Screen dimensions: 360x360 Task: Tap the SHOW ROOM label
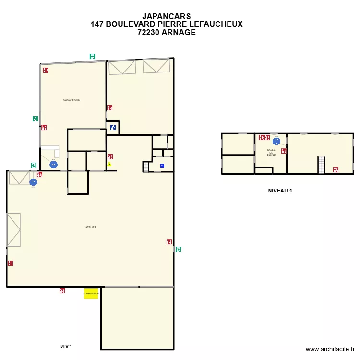click(x=72, y=100)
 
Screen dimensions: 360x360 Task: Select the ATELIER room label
click(x=91, y=227)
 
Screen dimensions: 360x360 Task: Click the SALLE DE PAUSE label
click(x=271, y=153)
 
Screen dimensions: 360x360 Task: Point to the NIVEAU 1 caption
click(x=280, y=191)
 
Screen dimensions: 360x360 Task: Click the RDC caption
click(x=65, y=347)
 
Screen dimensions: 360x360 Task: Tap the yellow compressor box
click(x=91, y=293)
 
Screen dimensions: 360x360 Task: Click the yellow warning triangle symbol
click(x=109, y=164)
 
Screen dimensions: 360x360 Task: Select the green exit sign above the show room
click(x=92, y=56)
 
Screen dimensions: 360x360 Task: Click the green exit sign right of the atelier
click(x=179, y=249)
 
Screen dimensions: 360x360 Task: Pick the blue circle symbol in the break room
click(x=276, y=142)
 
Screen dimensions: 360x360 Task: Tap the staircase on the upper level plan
click(x=321, y=165)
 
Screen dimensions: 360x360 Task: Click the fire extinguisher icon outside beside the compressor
click(x=62, y=290)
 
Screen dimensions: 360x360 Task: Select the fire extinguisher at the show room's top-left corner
click(x=45, y=70)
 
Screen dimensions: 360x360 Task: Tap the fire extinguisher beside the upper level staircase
click(x=336, y=169)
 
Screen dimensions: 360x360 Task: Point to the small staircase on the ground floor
click(x=146, y=167)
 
